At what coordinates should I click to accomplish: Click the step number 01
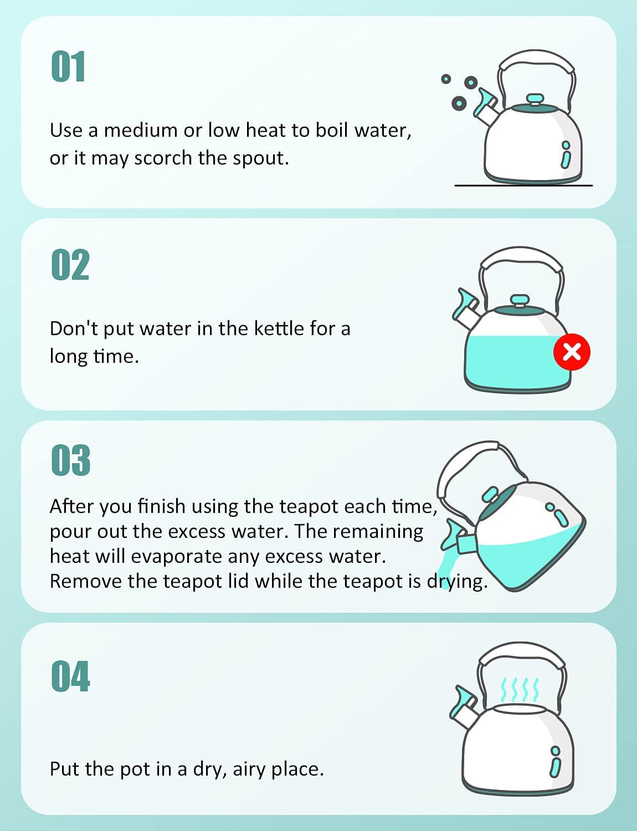click(68, 66)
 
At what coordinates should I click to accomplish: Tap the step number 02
click(70, 265)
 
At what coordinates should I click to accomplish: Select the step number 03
click(70, 460)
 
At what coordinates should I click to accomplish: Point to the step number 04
click(70, 676)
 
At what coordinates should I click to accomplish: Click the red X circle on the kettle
click(572, 352)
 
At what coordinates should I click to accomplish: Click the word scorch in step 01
click(162, 158)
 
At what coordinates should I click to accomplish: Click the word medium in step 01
click(141, 130)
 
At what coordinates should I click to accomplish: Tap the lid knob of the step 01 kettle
click(535, 99)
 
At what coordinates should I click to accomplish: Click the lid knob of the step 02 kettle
click(520, 300)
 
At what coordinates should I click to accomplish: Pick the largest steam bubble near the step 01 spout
click(459, 103)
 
